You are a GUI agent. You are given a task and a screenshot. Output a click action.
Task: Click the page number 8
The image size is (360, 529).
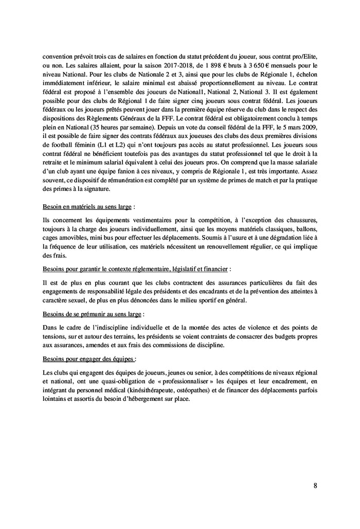pos(315,485)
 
